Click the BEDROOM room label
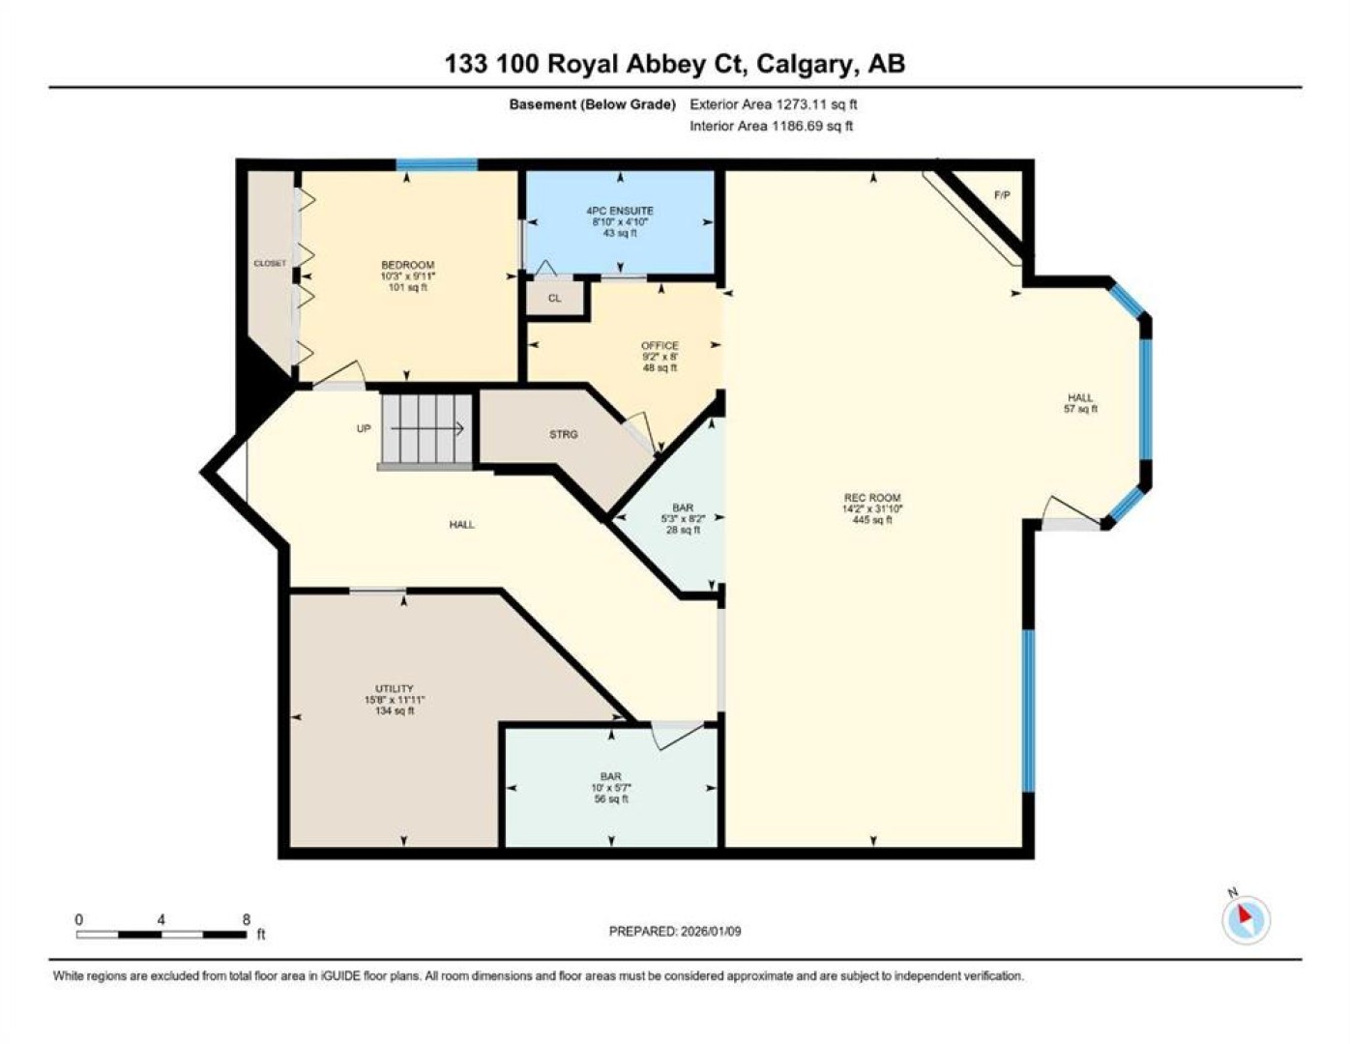click(x=407, y=265)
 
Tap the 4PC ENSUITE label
click(x=620, y=211)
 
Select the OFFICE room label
click(x=660, y=345)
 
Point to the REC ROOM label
click(x=872, y=498)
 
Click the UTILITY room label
click(x=395, y=689)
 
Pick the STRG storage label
click(x=564, y=435)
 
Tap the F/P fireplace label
click(x=1002, y=195)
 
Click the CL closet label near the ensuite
click(x=555, y=298)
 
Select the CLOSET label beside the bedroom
click(x=270, y=263)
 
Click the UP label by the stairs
click(x=364, y=428)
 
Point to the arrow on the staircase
click(x=427, y=428)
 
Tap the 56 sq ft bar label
click(x=611, y=799)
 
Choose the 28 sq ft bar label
click(x=683, y=530)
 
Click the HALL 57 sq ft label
click(x=1081, y=403)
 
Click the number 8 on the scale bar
click(x=247, y=919)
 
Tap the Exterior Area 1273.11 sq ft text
click(x=774, y=104)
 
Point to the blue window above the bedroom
click(x=437, y=164)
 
